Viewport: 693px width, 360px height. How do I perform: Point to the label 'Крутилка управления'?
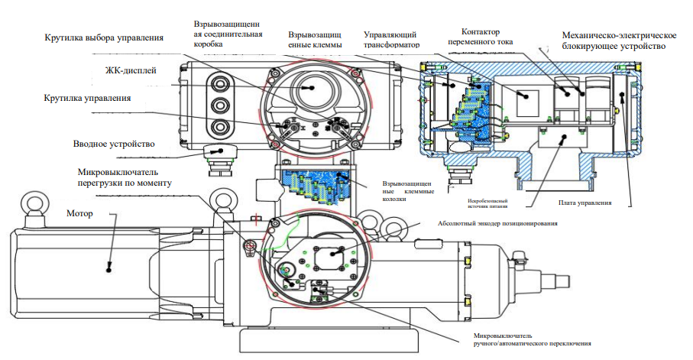pyautogui.click(x=88, y=99)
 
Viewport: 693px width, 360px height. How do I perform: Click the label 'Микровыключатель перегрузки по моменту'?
pyautogui.click(x=124, y=177)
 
